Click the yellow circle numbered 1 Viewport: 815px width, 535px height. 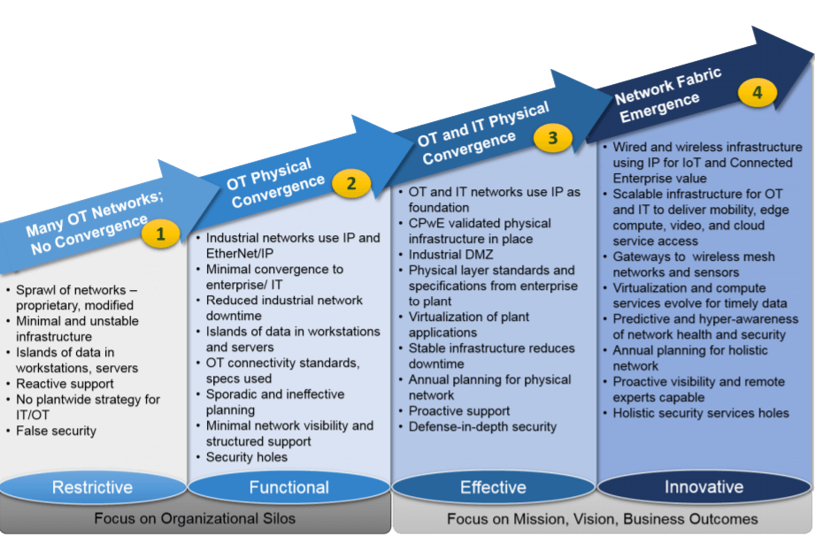[x=160, y=233]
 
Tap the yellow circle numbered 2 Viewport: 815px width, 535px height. [x=351, y=184]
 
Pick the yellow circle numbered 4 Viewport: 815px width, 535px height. [x=758, y=92]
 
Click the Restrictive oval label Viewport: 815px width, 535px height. [x=92, y=487]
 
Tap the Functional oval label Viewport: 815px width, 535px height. [x=288, y=487]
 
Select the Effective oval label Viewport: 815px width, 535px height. [x=493, y=487]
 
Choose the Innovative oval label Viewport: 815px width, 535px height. [x=704, y=487]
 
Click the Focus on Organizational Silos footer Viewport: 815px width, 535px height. [x=195, y=519]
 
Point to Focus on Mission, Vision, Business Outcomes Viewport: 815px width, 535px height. [x=602, y=519]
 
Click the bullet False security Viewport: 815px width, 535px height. [x=56, y=431]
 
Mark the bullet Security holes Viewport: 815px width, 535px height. [x=247, y=457]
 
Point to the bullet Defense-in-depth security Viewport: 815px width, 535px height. [x=482, y=426]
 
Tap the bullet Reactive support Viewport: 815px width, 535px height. [x=65, y=384]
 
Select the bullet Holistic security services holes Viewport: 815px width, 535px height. [x=701, y=413]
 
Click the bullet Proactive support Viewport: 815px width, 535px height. [x=458, y=411]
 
